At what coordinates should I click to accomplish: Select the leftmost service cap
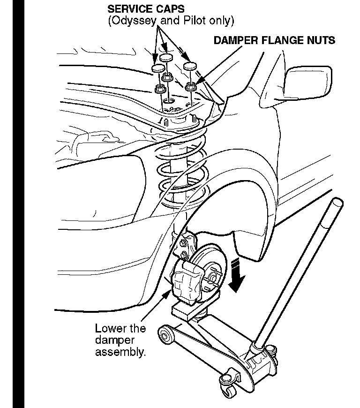click(x=159, y=69)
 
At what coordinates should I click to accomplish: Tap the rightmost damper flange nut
click(x=191, y=86)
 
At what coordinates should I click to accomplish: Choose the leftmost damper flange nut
click(x=158, y=88)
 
